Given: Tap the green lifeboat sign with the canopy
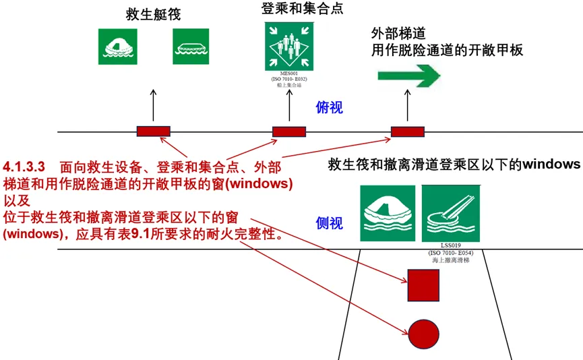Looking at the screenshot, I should pos(117,47).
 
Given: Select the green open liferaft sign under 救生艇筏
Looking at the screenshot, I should pos(191,47).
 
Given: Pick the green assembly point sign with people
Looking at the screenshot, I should pos(290,46).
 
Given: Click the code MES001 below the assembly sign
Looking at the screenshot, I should pos(290,73).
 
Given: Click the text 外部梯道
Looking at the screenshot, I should pos(398,34).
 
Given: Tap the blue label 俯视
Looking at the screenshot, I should pos(330,107).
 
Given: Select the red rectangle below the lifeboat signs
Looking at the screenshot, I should pos(153,131).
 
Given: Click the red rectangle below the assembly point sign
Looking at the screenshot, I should pos(289,131).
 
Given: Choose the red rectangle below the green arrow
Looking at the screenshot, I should pos(408,131).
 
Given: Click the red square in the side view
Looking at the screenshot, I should pos(423,284).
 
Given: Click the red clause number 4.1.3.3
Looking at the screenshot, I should pos(24,166).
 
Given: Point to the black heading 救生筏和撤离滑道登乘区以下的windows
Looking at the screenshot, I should pos(454,164).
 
